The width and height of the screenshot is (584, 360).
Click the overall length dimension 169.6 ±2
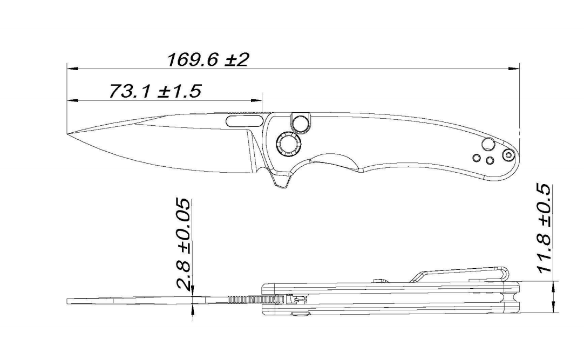[208, 59]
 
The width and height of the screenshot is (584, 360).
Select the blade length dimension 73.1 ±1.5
[155, 91]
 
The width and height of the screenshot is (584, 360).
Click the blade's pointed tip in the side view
[68, 134]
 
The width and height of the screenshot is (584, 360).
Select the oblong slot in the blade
[243, 120]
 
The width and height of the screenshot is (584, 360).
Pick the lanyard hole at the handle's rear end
[508, 155]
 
